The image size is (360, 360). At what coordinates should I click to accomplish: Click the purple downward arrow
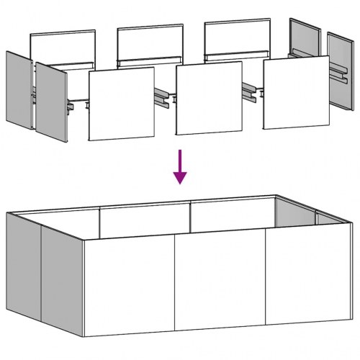tap(180, 168)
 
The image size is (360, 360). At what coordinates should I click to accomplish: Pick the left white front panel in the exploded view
tap(121, 104)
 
